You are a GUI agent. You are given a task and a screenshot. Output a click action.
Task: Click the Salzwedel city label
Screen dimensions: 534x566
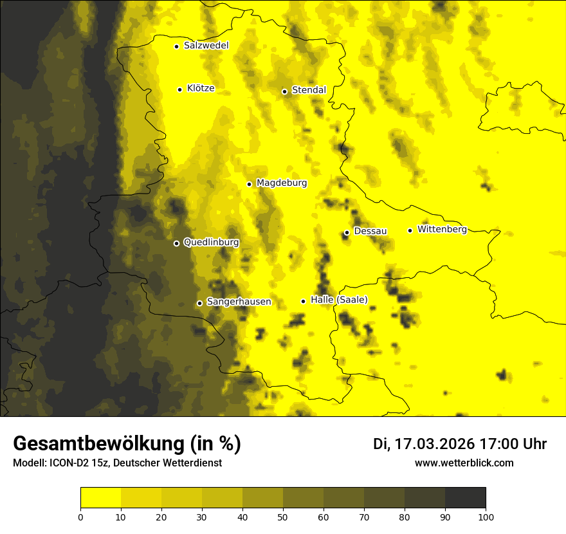[206, 46]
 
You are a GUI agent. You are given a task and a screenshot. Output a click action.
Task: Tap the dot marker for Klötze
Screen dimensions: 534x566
[179, 89]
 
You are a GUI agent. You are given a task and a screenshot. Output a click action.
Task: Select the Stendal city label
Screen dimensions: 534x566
[309, 90]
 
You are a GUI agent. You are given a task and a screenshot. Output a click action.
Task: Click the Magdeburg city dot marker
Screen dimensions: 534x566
[250, 184]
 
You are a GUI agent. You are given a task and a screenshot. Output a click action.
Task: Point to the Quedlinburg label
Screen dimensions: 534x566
[211, 243]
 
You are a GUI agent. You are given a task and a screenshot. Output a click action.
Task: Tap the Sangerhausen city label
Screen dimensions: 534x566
[239, 302]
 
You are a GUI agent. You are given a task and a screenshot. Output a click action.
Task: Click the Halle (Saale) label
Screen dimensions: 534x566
[339, 300]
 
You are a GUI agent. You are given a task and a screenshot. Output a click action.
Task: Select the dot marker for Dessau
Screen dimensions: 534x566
[347, 232]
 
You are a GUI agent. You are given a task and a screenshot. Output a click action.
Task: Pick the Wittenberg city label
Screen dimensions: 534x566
[442, 229]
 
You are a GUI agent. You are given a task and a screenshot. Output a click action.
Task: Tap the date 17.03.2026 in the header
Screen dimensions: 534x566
[434, 444]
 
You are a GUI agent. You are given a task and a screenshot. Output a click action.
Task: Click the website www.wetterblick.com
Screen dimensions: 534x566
[464, 463]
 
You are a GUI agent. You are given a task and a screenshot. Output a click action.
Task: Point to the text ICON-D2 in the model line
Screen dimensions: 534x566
[68, 463]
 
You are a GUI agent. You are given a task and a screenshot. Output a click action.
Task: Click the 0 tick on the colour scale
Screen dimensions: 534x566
[80, 516]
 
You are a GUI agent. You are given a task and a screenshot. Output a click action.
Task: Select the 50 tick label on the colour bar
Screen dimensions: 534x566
[283, 516]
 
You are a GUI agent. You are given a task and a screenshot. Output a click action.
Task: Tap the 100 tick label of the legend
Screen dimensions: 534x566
[486, 516]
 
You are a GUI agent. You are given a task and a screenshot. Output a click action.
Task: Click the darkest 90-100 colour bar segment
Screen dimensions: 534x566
[465, 497]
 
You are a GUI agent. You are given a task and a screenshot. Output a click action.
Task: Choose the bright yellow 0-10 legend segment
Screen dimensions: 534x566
[100, 497]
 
